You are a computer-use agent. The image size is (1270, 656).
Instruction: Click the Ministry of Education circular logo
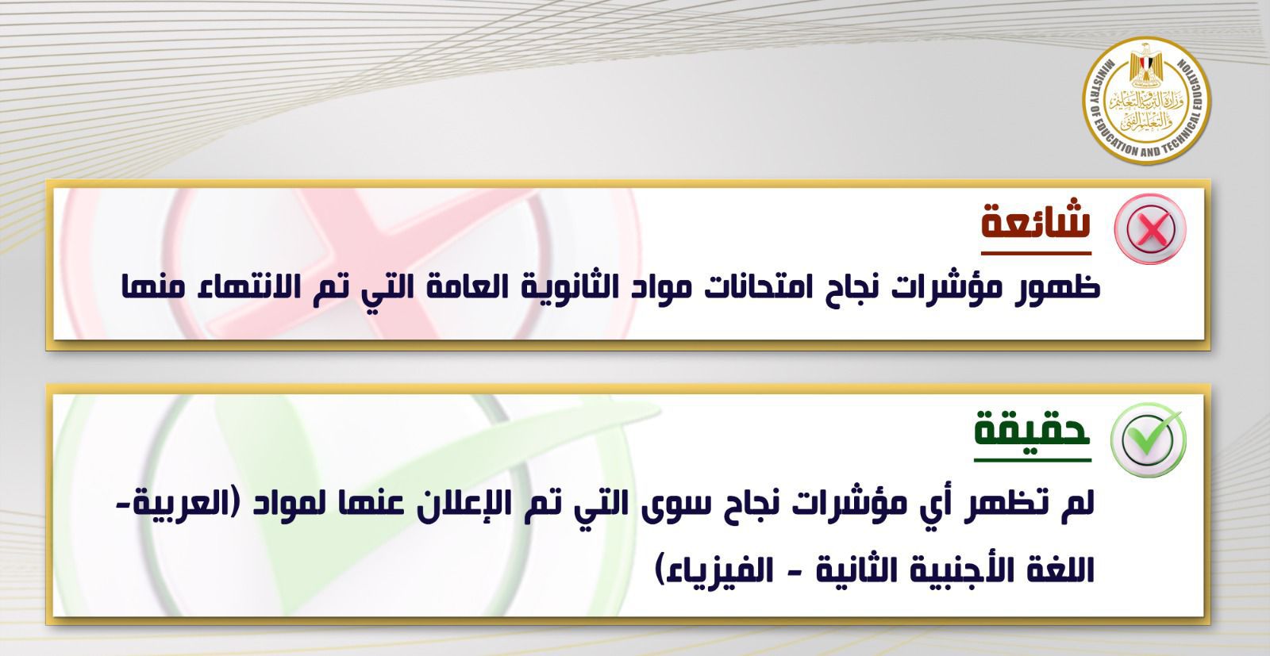[1146, 101]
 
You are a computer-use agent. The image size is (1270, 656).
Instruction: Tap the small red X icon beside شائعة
[1150, 229]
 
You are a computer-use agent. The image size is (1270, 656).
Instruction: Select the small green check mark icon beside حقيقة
[1148, 440]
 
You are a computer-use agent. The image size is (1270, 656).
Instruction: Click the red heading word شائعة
[1036, 221]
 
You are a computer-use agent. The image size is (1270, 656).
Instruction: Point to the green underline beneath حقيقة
[1033, 460]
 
